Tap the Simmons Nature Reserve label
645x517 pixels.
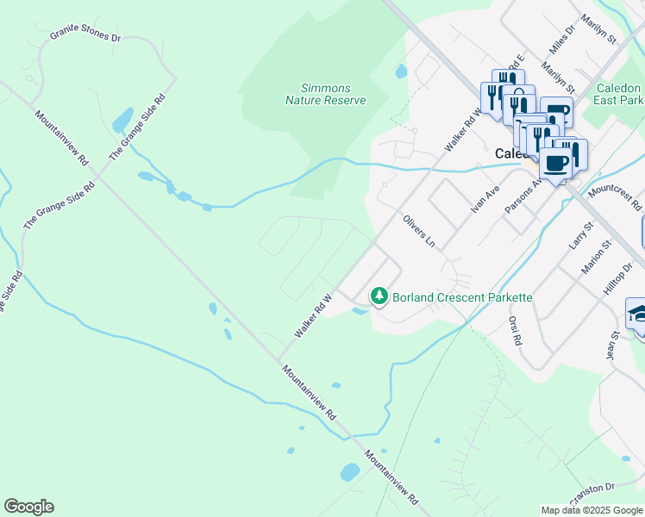pyautogui.click(x=326, y=94)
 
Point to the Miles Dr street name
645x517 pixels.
pyautogui.click(x=561, y=39)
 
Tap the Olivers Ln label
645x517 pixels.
pyautogui.click(x=419, y=231)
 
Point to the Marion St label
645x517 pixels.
pyautogui.click(x=595, y=258)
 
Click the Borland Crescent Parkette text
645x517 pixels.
pyautogui.click(x=462, y=297)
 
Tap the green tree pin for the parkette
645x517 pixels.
pyautogui.click(x=379, y=296)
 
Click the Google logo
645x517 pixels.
pyautogui.click(x=28, y=507)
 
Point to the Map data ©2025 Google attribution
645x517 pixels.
pyautogui.click(x=592, y=510)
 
